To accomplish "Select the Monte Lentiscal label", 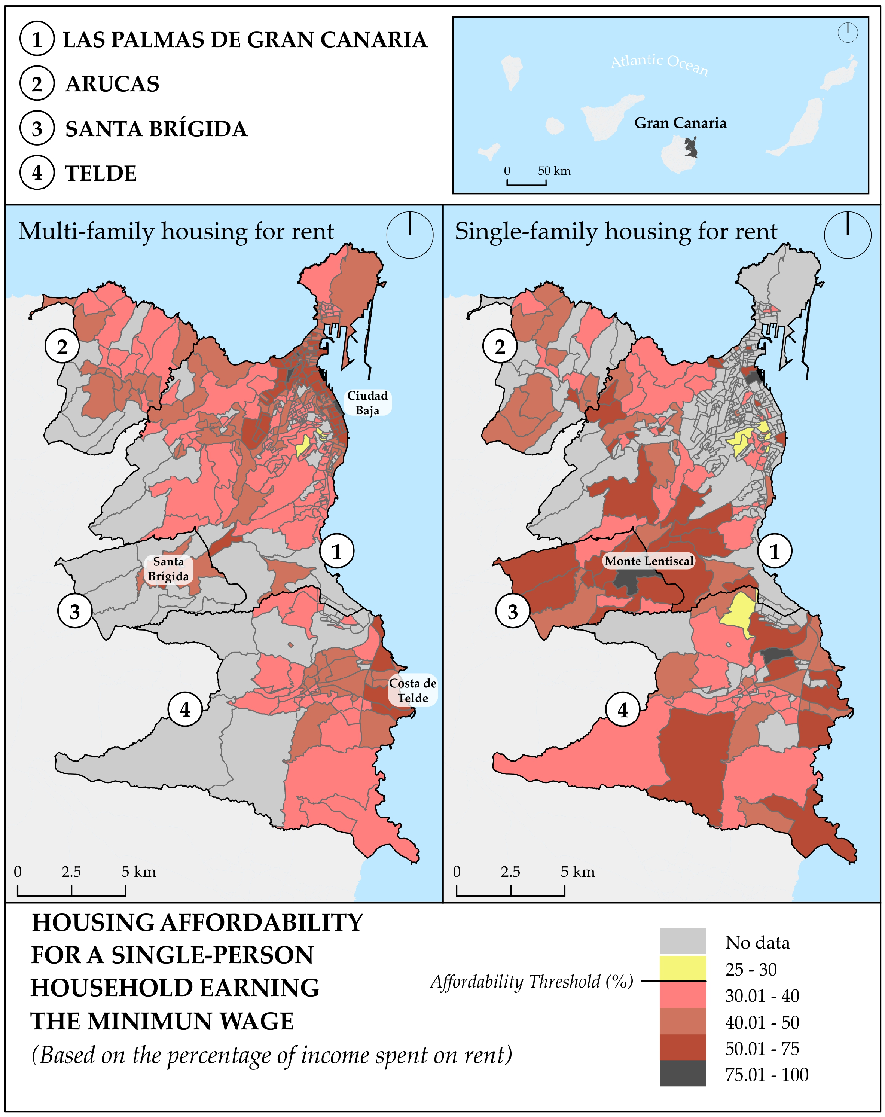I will (649, 561).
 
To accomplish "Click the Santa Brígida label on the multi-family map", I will (168, 568).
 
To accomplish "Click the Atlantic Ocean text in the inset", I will (659, 64).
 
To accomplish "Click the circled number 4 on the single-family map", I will (623, 710).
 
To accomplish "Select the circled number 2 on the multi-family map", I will (62, 347).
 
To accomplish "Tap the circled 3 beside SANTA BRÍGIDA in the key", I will (37, 128).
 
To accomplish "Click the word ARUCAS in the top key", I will (112, 84).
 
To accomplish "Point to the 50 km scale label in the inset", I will (553, 171).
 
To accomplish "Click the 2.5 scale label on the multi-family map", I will (71, 872).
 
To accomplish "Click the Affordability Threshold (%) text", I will (531, 981).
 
